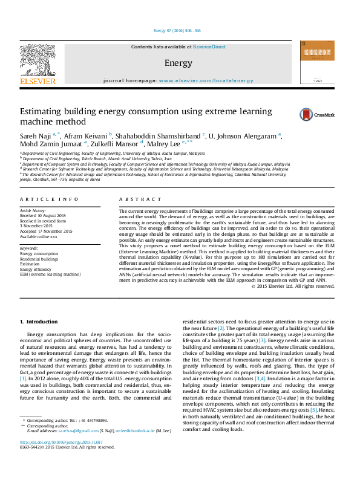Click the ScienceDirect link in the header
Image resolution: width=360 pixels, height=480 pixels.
coord(209,47)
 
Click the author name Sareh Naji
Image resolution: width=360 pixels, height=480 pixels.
coord(35,135)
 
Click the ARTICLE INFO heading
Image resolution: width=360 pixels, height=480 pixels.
coord(50,199)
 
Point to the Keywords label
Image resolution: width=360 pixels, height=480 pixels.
coord(30,248)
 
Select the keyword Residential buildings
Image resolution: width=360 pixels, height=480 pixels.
coord(40,259)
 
